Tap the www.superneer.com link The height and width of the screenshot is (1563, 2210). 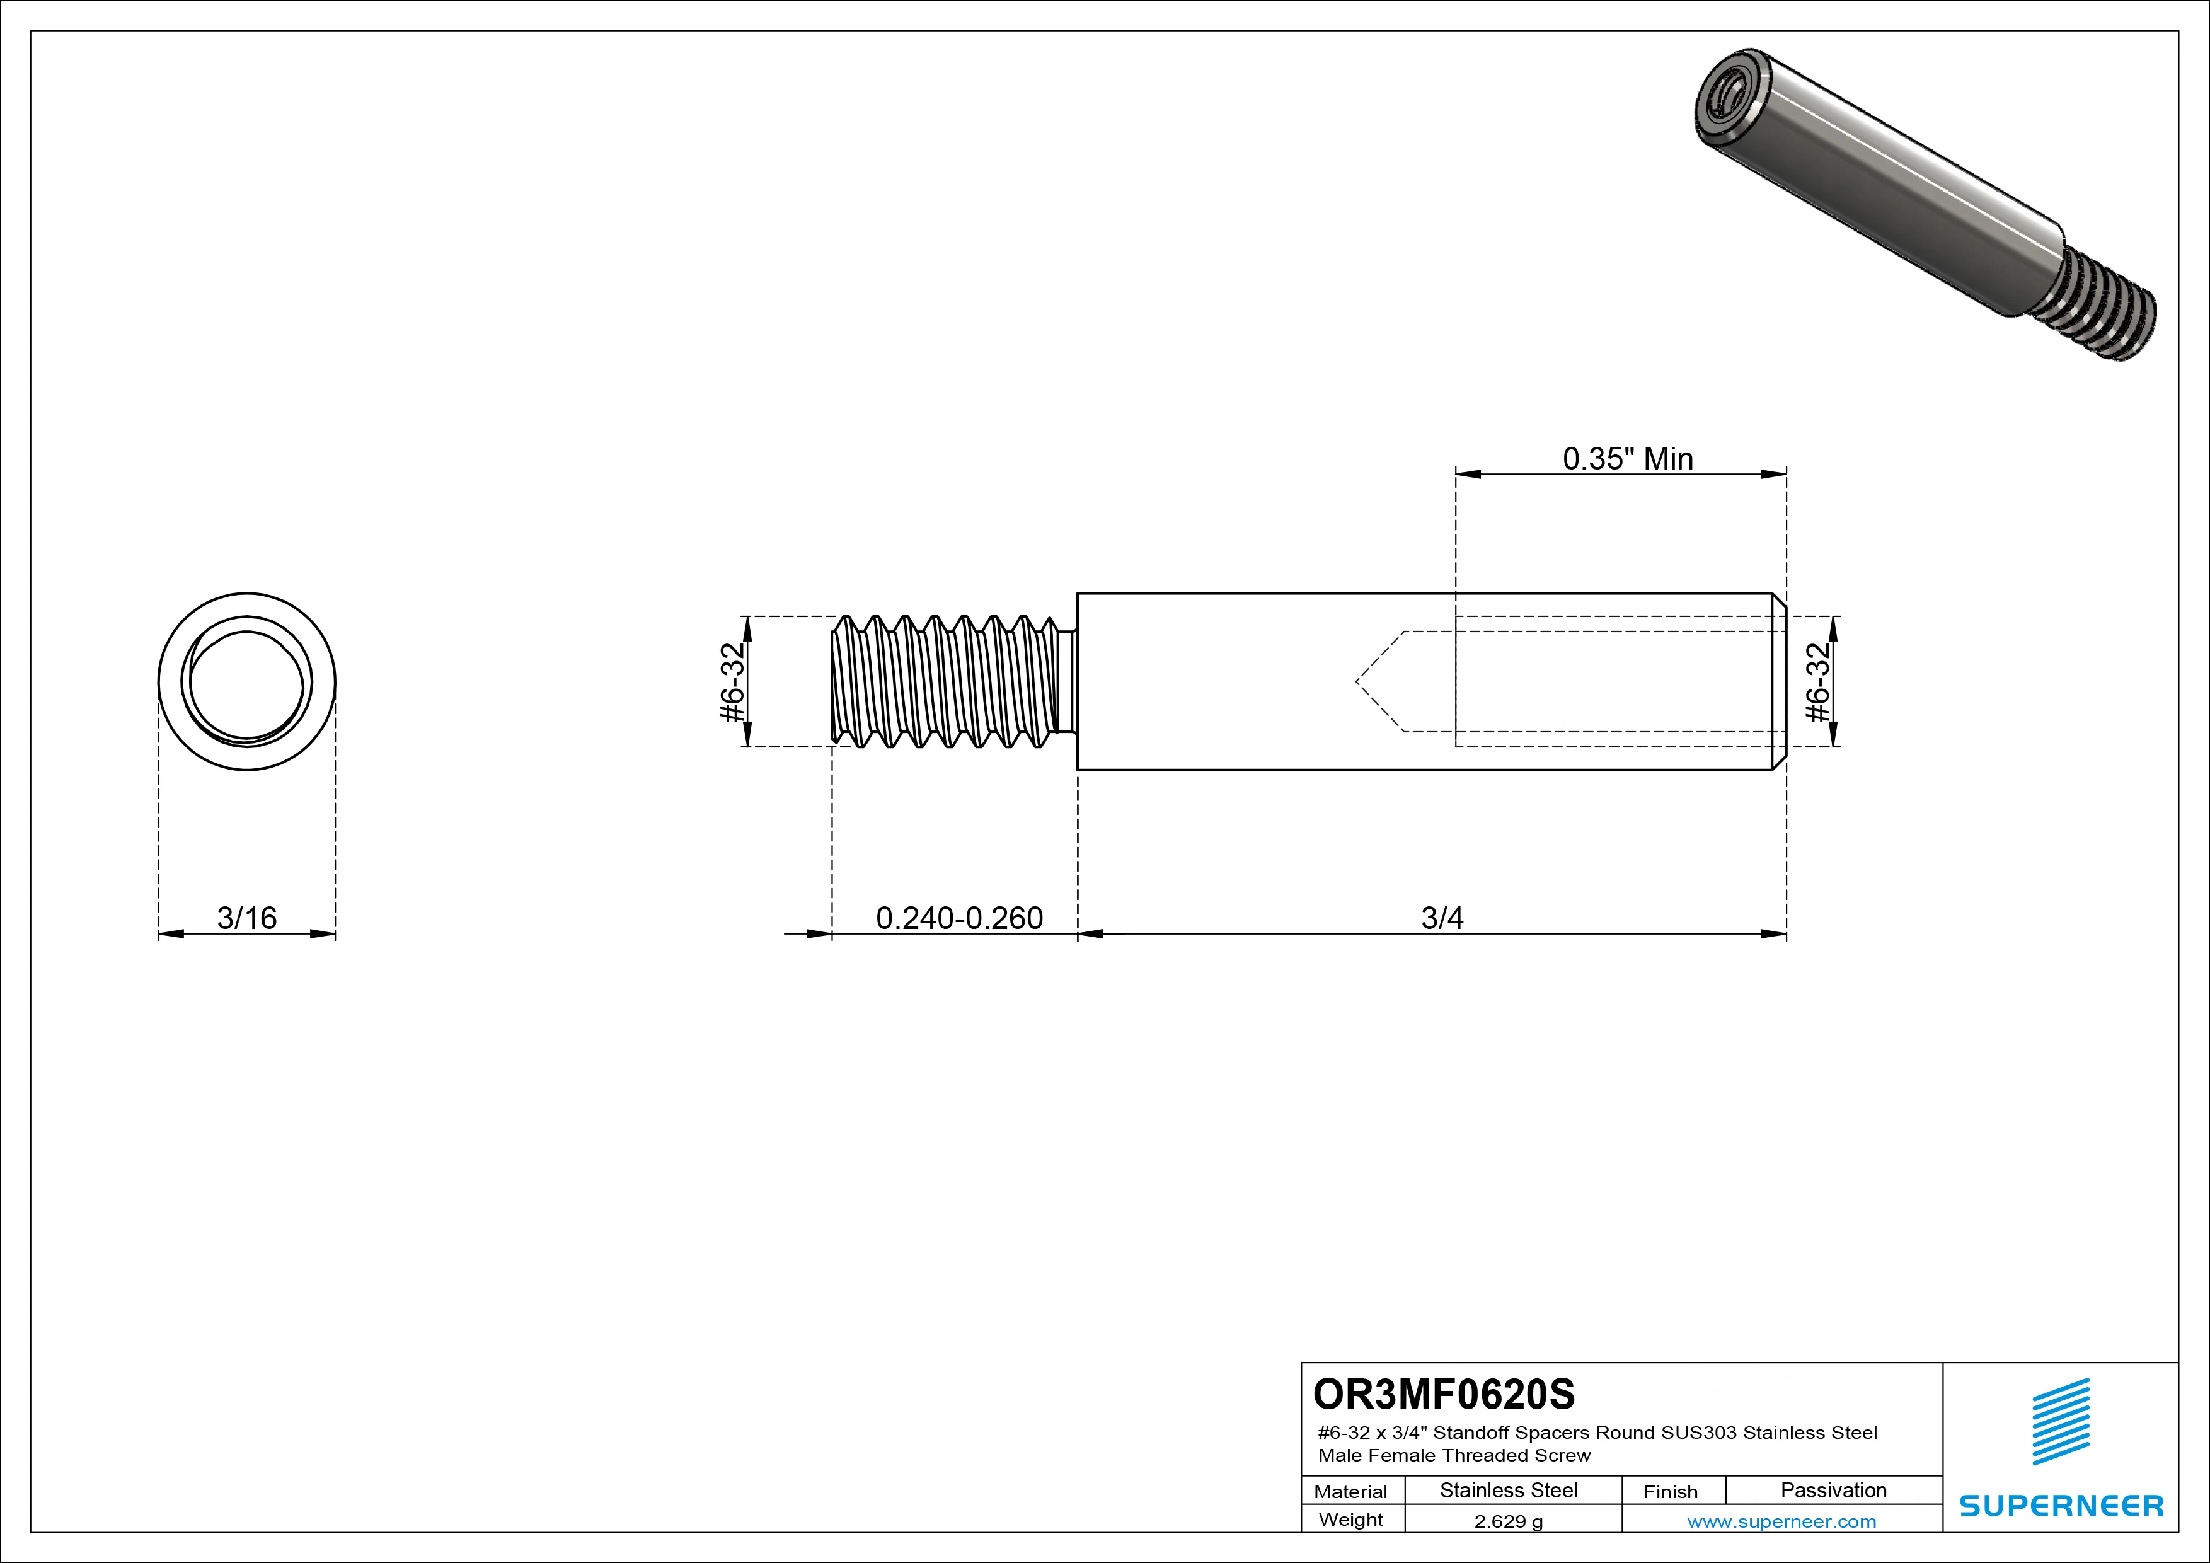(1781, 1521)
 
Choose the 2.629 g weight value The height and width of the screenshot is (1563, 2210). (1508, 1521)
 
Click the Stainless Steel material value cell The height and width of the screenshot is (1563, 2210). (1508, 1491)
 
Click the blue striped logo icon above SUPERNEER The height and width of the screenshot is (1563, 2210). (2061, 1422)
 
